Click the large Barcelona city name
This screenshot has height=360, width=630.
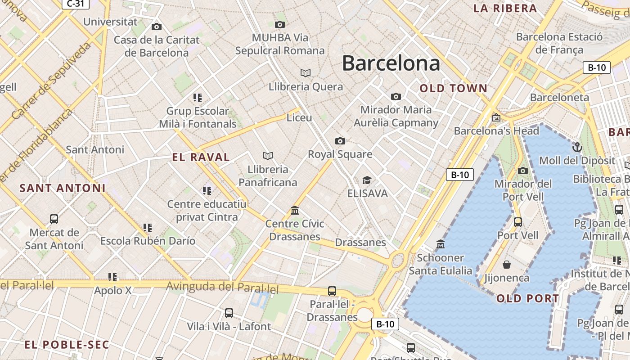click(391, 63)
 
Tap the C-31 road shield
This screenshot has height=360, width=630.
click(75, 4)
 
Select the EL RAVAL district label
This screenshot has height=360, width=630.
click(201, 157)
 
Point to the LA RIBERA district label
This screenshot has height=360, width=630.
click(505, 8)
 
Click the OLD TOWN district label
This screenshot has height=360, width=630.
click(454, 88)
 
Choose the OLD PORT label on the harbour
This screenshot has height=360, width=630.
click(528, 298)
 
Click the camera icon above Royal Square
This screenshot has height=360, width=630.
click(340, 141)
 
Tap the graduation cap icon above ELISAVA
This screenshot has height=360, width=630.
click(367, 180)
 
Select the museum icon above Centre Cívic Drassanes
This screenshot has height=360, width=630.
click(295, 211)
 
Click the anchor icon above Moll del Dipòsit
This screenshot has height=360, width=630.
click(577, 147)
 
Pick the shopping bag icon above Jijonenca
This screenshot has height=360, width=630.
click(507, 265)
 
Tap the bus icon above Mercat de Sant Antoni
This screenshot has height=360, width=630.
click(54, 219)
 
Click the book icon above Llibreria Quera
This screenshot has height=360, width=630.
click(306, 73)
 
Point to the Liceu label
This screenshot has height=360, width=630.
click(299, 118)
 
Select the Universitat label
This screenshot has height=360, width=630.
click(110, 22)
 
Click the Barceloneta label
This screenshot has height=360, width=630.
click(559, 97)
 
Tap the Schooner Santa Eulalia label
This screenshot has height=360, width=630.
click(441, 264)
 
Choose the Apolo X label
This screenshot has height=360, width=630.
click(113, 291)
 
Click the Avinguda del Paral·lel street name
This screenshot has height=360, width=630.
click(222, 287)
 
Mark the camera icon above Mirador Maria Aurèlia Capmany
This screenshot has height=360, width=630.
click(396, 96)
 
